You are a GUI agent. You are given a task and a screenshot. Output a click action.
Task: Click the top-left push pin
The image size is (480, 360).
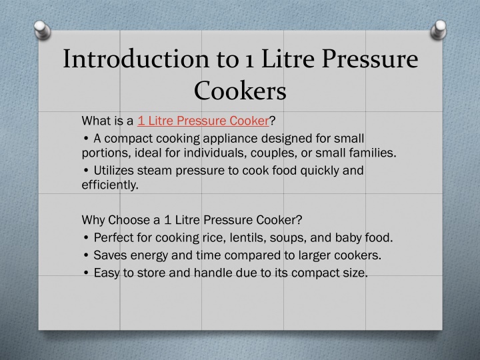(x=42, y=30)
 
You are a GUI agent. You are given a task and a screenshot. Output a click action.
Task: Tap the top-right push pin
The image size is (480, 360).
(x=439, y=30)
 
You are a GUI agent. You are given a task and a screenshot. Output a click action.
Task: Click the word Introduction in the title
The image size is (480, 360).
(x=136, y=59)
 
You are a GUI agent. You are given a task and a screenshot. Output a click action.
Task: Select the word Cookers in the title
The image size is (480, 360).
(x=240, y=91)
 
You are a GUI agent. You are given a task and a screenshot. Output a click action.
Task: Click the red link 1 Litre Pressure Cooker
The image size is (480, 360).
(x=203, y=121)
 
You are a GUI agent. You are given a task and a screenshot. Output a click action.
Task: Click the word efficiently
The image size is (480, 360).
(x=110, y=185)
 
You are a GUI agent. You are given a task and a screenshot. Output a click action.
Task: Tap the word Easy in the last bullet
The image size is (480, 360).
(x=106, y=273)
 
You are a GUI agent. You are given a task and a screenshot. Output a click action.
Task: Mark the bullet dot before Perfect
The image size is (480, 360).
(x=86, y=237)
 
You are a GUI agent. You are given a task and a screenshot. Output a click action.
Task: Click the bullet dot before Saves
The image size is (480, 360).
(x=86, y=255)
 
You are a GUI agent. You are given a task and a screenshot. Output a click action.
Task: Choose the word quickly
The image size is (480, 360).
(x=319, y=171)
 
